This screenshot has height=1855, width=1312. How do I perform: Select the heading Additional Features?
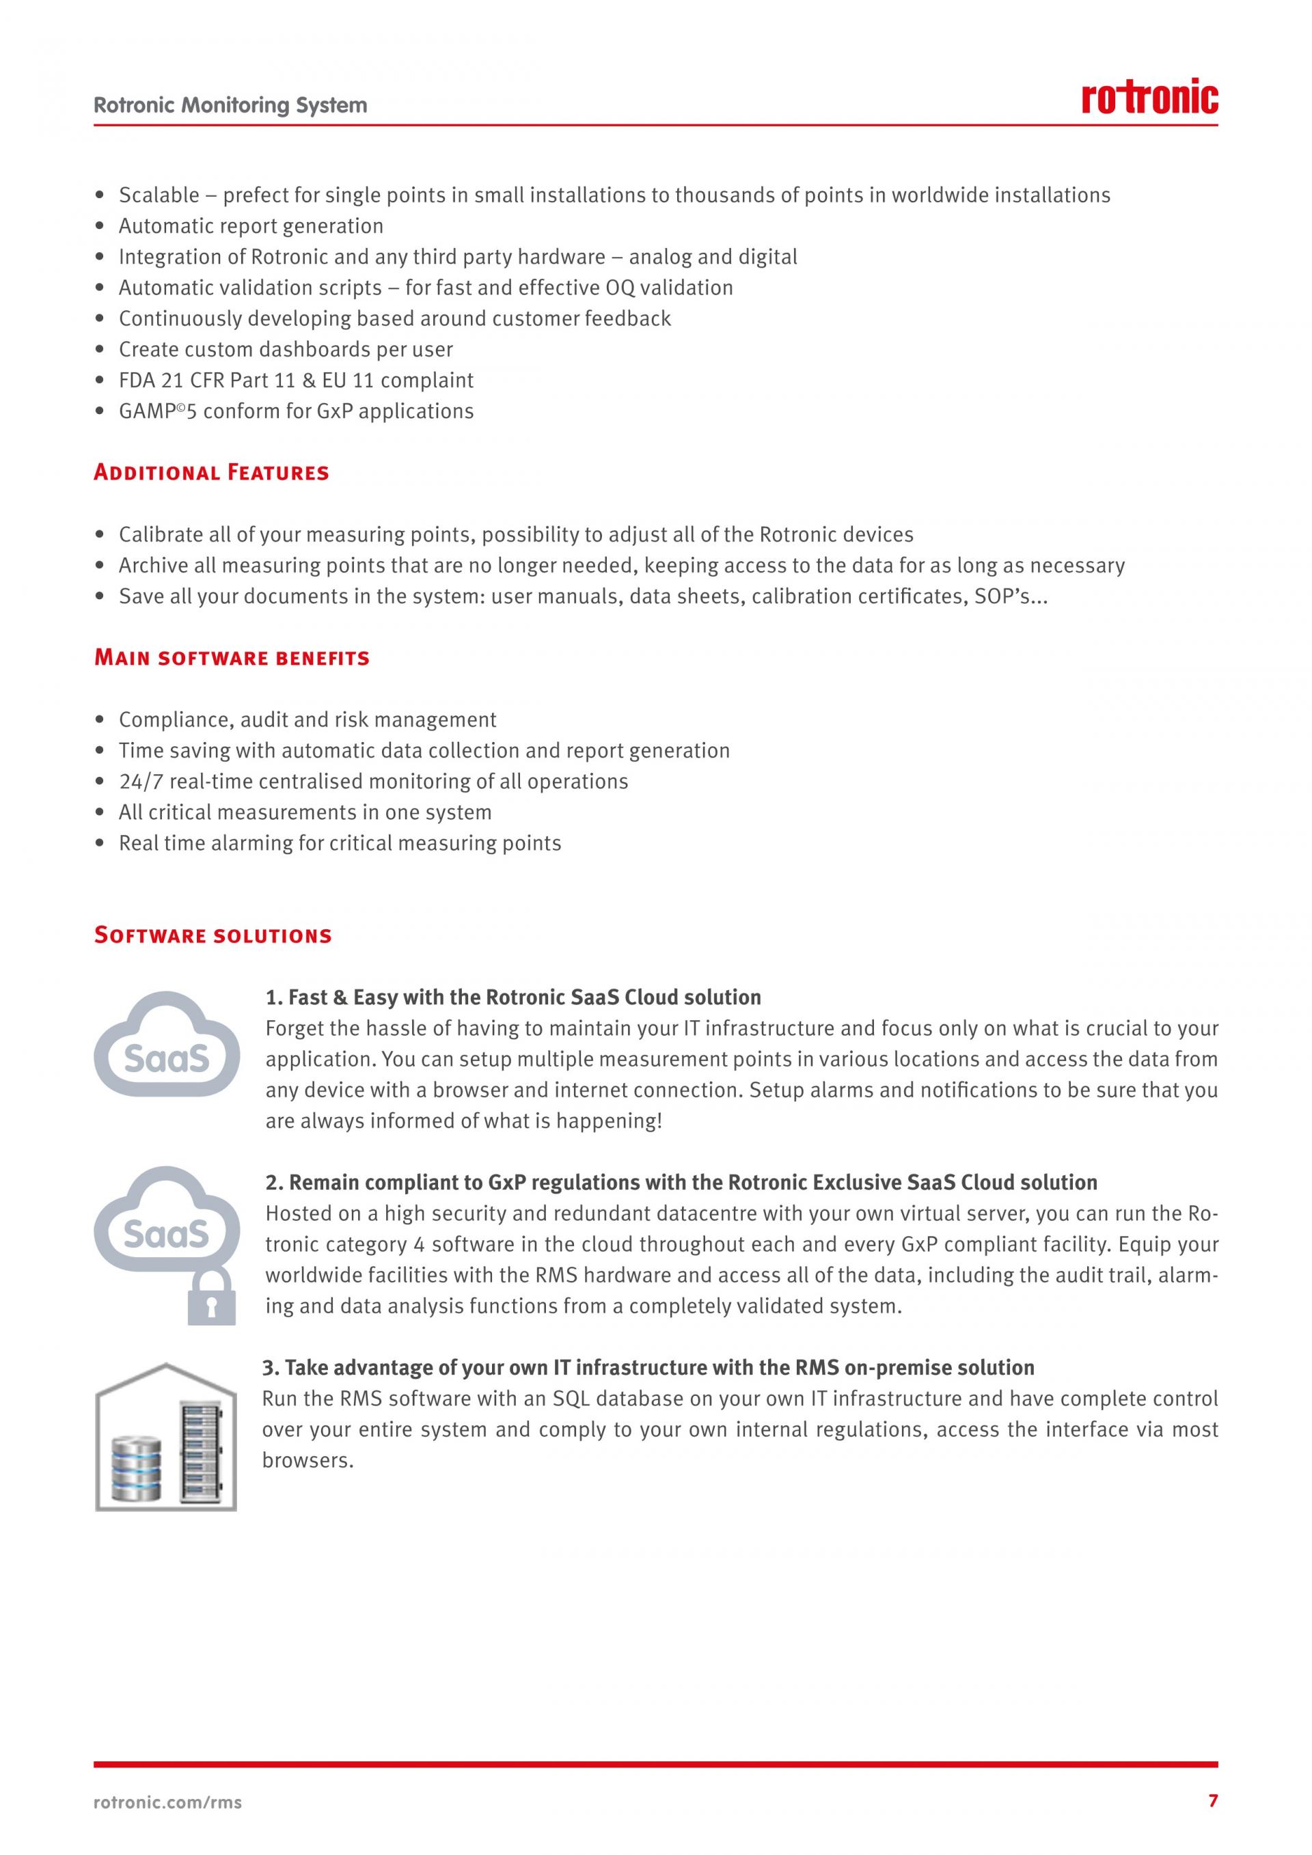pos(212,473)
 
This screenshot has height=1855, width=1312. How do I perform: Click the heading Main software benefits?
pos(232,658)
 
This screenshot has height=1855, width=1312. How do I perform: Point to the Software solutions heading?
pos(213,935)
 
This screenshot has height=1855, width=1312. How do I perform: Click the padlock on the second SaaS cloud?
pos(212,1297)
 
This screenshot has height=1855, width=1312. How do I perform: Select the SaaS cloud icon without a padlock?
pos(167,1045)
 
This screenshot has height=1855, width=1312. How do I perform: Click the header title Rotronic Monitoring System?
pos(230,105)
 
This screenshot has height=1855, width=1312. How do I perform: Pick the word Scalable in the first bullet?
pos(159,195)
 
